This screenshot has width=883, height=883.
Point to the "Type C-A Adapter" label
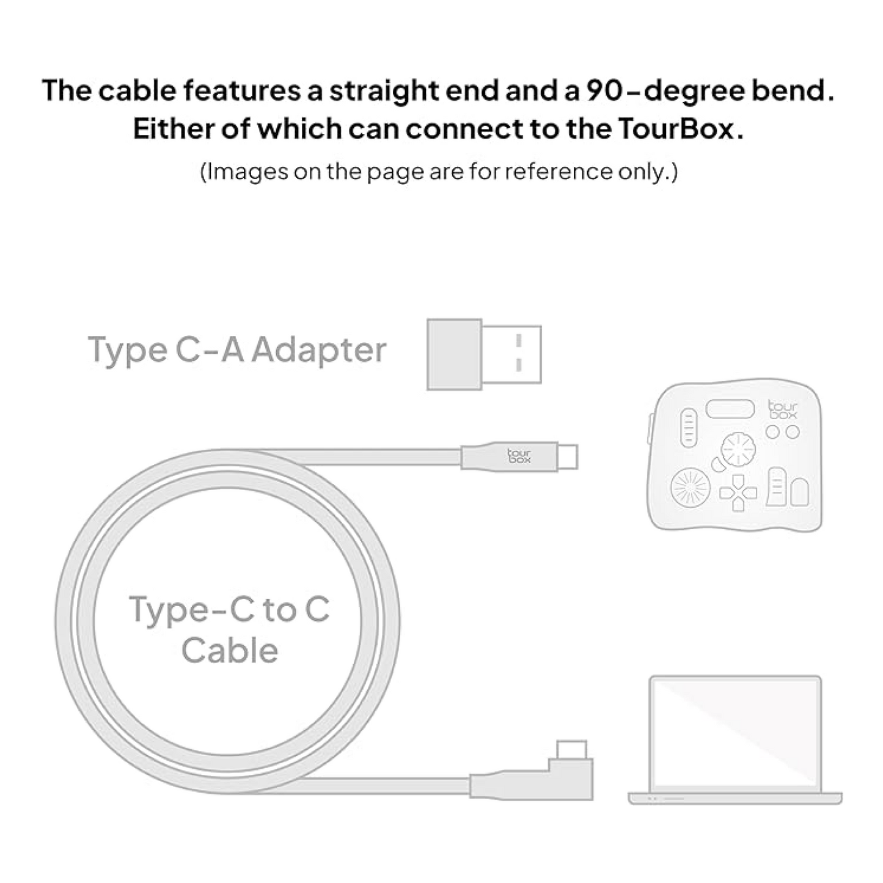[x=237, y=351]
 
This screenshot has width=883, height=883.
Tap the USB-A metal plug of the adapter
[x=511, y=354]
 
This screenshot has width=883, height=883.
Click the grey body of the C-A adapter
[x=454, y=354]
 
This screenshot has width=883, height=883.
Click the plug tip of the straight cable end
[x=568, y=456]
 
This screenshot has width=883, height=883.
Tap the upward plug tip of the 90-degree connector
[x=572, y=749]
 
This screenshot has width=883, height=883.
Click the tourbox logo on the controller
[x=783, y=409]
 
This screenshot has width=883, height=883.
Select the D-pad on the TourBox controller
[x=738, y=493]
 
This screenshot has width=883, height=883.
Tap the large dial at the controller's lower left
[x=691, y=487]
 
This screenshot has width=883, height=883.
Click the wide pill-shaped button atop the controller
[x=730, y=409]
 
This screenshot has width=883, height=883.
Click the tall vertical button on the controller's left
[x=689, y=427]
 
